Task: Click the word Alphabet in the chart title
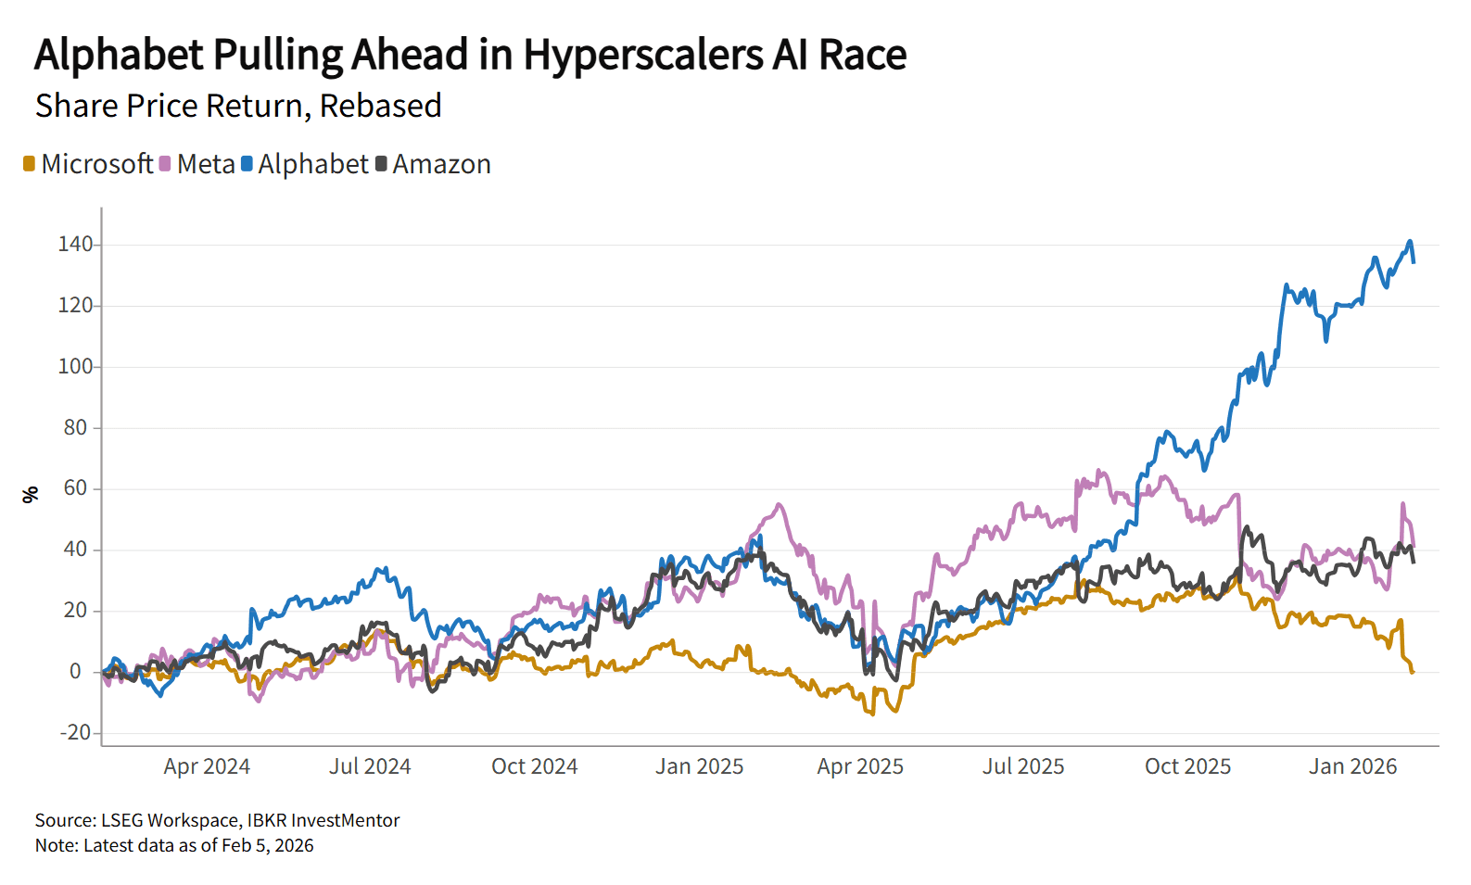pyautogui.click(x=119, y=56)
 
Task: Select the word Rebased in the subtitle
pyautogui.click(x=380, y=107)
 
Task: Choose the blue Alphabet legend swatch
pyautogui.click(x=247, y=164)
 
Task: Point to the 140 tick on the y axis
pyautogui.click(x=75, y=245)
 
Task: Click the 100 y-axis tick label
pyautogui.click(x=75, y=366)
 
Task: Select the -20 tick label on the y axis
pyautogui.click(x=75, y=732)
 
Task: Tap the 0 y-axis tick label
pyautogui.click(x=75, y=671)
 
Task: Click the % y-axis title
pyautogui.click(x=31, y=495)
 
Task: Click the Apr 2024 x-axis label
pyautogui.click(x=207, y=766)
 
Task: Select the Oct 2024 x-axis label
pyautogui.click(x=534, y=766)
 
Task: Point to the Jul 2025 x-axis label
pyautogui.click(x=1023, y=766)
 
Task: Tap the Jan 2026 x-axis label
pyautogui.click(x=1352, y=766)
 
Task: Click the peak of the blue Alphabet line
pyautogui.click(x=1410, y=242)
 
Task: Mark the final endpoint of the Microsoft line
pyautogui.click(x=1413, y=671)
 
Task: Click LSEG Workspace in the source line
pyautogui.click(x=170, y=820)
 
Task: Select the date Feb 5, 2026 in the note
pyautogui.click(x=268, y=845)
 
